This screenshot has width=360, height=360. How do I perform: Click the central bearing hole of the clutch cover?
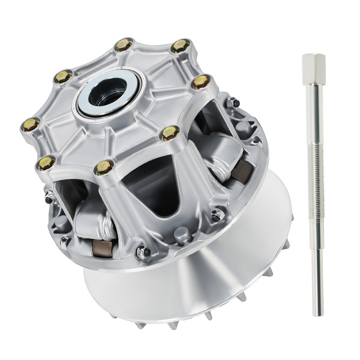point(109,92)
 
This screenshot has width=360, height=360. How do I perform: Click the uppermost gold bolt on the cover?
point(124,44)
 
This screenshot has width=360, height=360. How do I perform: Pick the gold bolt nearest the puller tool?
point(202,81)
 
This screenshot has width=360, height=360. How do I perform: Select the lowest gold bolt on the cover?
point(104,168)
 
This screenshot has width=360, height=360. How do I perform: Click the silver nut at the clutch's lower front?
point(143,252)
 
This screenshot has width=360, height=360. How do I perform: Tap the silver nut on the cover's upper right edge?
point(233,103)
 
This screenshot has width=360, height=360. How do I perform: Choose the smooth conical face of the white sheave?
point(198,282)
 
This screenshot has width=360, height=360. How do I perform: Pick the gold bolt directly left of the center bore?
point(63,76)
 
